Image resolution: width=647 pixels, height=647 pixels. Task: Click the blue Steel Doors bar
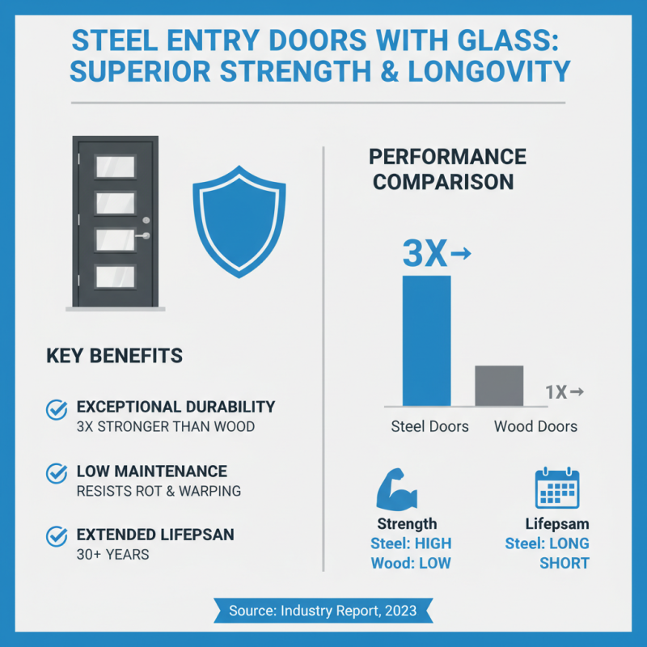(426, 340)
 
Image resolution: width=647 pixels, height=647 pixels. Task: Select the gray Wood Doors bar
(498, 386)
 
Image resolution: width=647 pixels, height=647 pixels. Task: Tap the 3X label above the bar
(425, 255)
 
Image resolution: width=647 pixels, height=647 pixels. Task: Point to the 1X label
(556, 392)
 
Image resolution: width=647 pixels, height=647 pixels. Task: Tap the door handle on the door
(143, 236)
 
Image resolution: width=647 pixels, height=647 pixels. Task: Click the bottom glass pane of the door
(115, 277)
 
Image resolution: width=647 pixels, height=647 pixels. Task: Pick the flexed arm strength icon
(397, 490)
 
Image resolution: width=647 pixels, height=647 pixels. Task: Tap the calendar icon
(557, 488)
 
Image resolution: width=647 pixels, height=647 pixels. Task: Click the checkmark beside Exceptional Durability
(57, 409)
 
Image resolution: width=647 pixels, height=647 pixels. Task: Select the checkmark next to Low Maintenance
(57, 472)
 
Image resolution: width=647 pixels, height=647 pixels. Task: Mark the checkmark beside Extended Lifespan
(57, 536)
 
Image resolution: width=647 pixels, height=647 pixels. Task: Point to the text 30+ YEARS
(113, 555)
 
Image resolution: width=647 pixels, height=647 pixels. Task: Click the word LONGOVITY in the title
(489, 73)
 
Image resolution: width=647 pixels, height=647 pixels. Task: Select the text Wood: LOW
(411, 563)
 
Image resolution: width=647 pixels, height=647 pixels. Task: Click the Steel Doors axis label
(429, 426)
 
